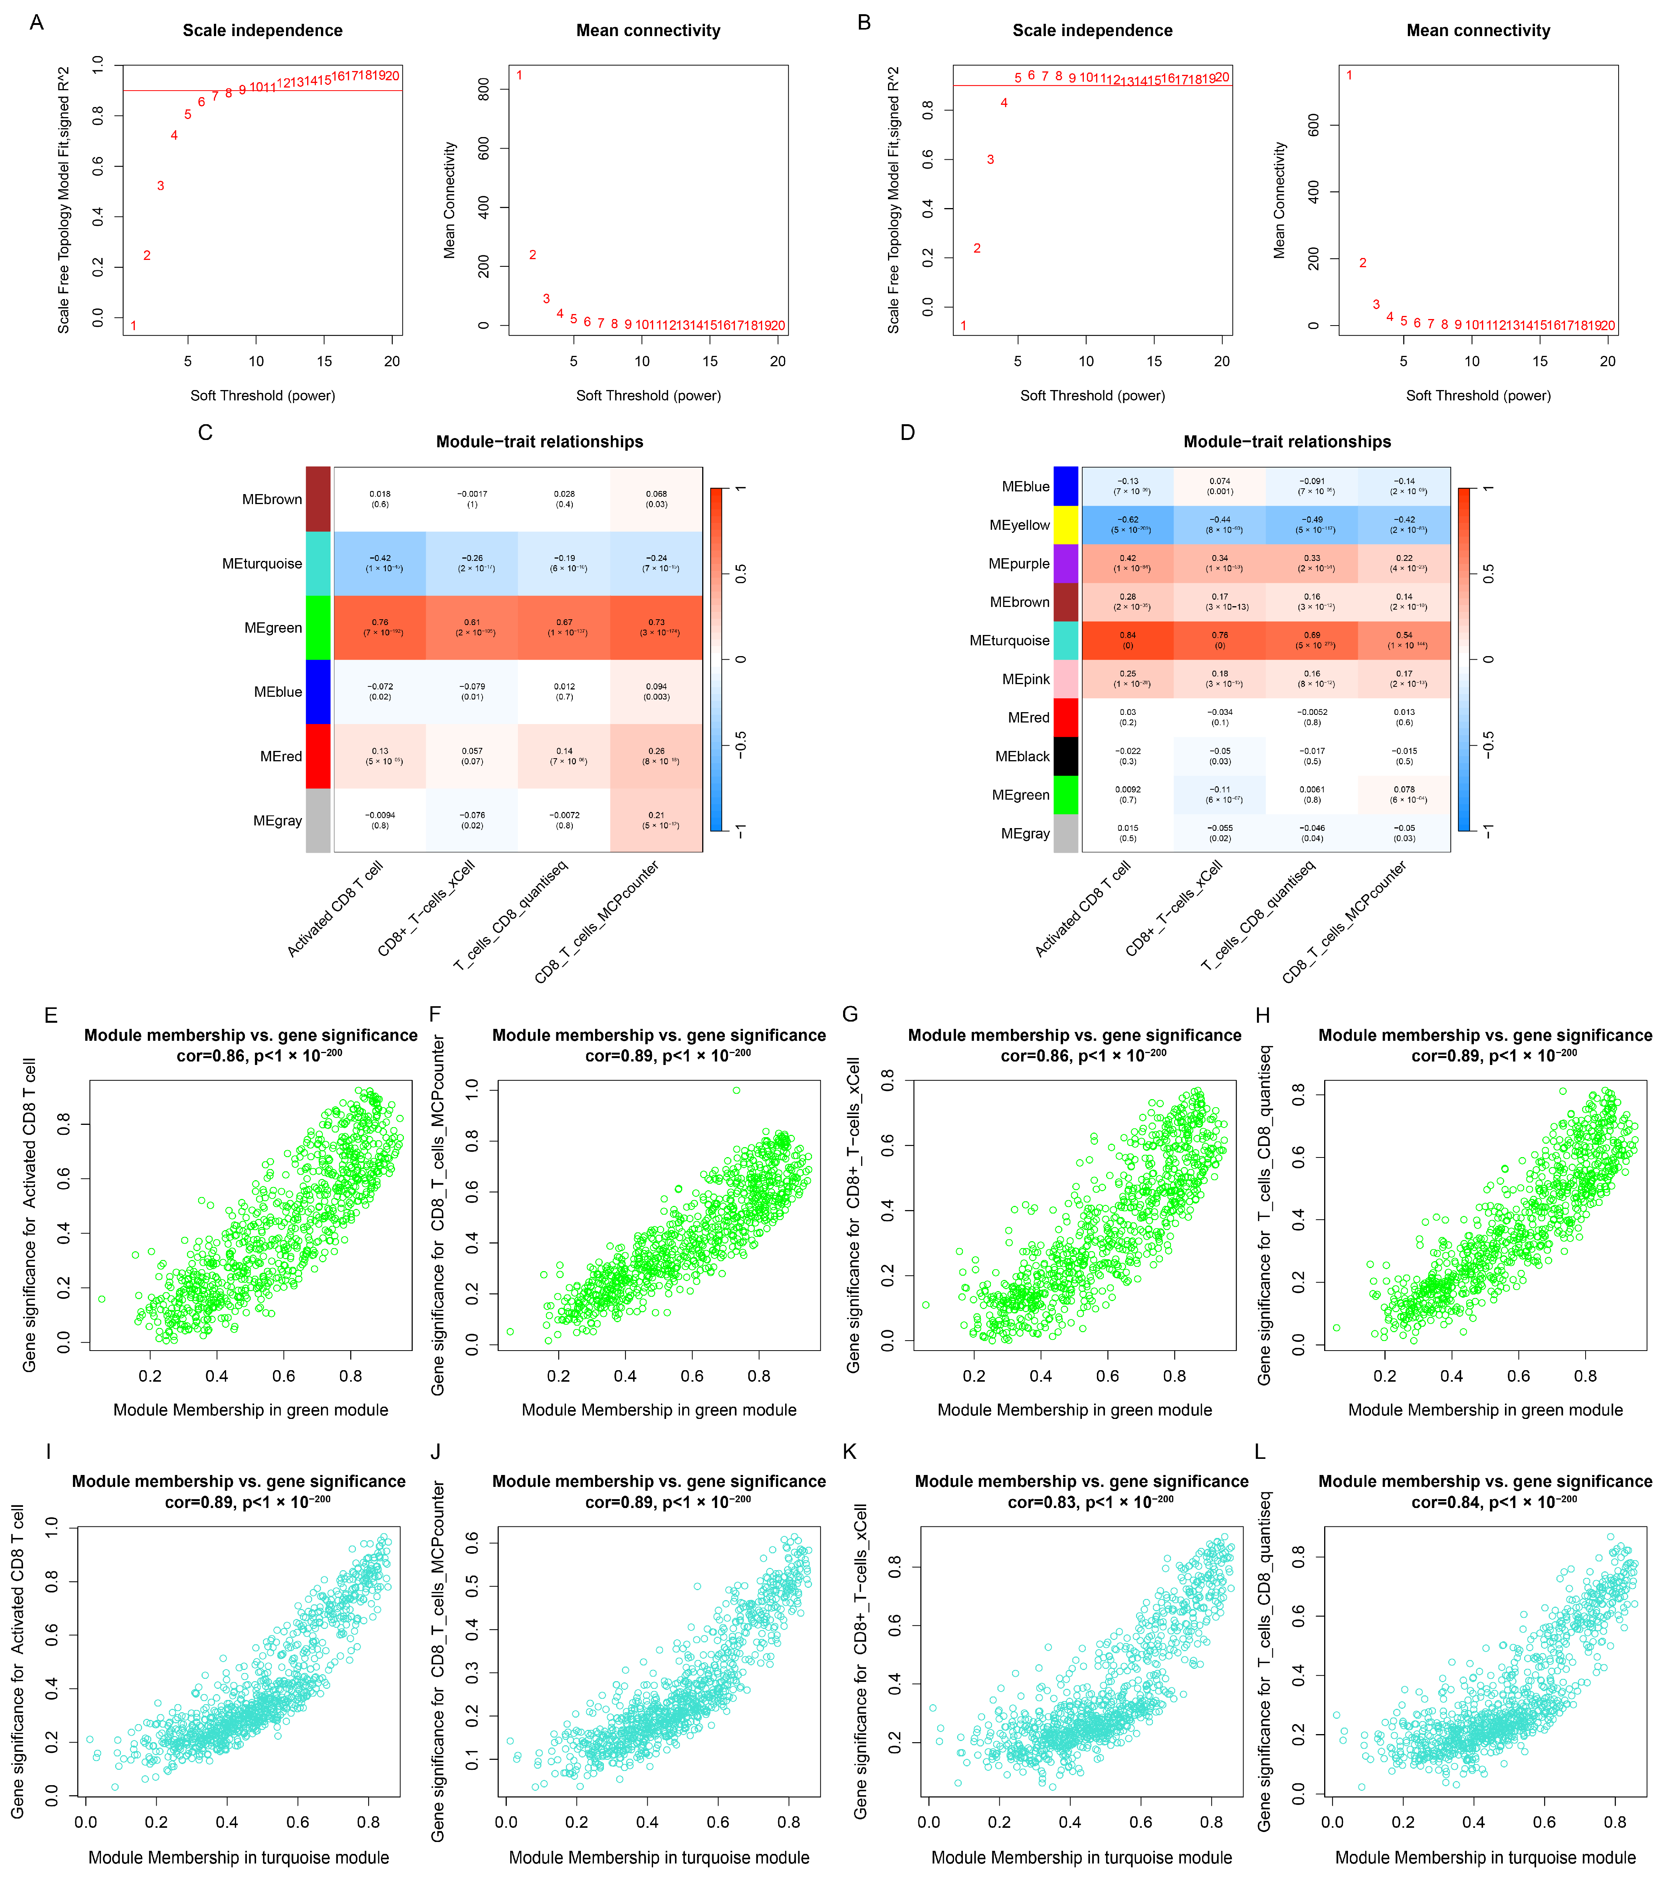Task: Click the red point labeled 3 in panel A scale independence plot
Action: coord(160,186)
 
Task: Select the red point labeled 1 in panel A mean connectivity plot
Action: coord(520,75)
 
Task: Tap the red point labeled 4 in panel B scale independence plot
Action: coord(1004,103)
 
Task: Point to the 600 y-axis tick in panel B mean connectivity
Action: coord(1313,125)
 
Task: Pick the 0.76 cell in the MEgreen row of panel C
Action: coord(380,627)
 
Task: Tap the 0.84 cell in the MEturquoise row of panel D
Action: coord(1128,640)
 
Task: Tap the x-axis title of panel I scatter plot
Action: coord(238,1857)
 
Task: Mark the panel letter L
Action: coord(1259,1452)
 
